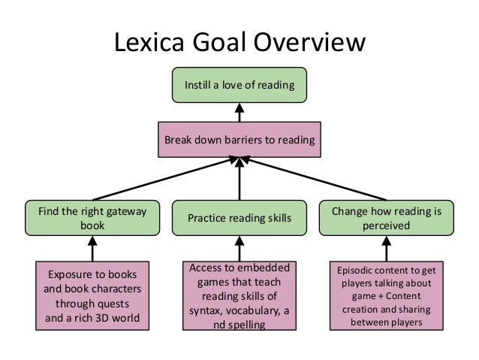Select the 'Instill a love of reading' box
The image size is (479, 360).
[x=239, y=85]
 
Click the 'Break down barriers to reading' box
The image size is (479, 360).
[x=239, y=139]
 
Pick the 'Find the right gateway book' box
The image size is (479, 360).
[x=92, y=218]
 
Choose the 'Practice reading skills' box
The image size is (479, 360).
[x=239, y=218]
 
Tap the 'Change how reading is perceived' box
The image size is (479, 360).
[x=386, y=218]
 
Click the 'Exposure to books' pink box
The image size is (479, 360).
[x=92, y=295]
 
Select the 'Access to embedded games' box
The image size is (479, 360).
[x=239, y=295]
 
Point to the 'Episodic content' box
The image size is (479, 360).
[x=386, y=295]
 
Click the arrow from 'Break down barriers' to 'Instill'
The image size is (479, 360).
[x=239, y=113]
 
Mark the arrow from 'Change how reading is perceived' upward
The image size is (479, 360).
[x=315, y=178]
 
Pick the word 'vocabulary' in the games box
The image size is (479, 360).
[x=244, y=310]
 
